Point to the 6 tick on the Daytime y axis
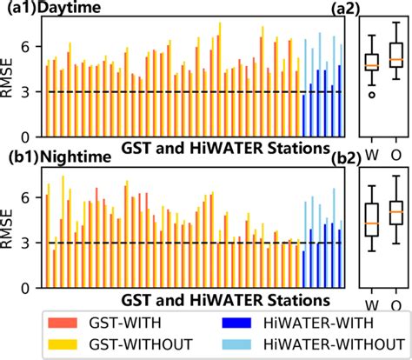(31, 44)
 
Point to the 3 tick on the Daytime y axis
(31, 91)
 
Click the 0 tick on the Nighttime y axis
(31, 288)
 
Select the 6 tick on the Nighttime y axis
(31, 197)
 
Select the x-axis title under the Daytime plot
(222, 147)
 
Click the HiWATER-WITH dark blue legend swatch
(238, 322)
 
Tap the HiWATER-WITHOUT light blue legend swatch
(238, 343)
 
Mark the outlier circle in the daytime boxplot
(372, 95)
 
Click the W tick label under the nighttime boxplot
(372, 304)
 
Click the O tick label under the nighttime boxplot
(396, 304)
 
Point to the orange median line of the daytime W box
(372, 65)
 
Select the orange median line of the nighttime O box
(396, 211)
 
